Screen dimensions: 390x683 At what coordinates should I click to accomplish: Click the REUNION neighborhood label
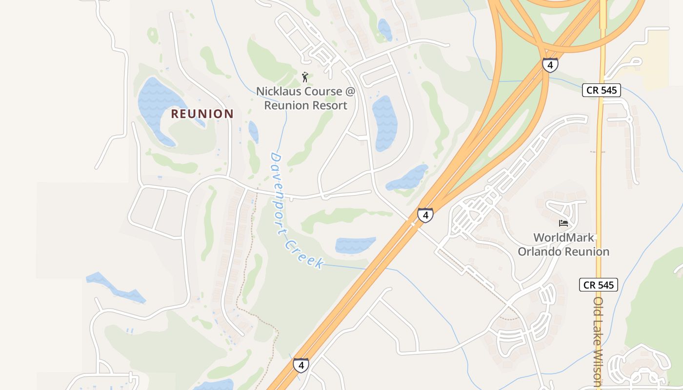202,114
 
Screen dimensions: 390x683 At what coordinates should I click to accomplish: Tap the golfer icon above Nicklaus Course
305,77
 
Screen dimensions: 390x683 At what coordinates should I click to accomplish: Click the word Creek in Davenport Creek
304,253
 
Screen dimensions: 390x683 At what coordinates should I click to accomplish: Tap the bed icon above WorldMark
563,223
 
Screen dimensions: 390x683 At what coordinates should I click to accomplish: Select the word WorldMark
563,238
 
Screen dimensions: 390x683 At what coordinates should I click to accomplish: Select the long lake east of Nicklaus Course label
385,122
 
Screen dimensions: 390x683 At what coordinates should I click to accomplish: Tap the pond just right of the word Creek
355,245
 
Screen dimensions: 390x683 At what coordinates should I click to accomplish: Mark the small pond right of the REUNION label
253,131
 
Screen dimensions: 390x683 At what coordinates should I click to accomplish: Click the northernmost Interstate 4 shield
550,65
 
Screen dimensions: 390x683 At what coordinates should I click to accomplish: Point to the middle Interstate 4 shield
425,215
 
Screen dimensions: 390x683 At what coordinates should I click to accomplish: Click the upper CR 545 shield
601,90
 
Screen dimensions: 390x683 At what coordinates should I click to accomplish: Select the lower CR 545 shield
599,285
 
